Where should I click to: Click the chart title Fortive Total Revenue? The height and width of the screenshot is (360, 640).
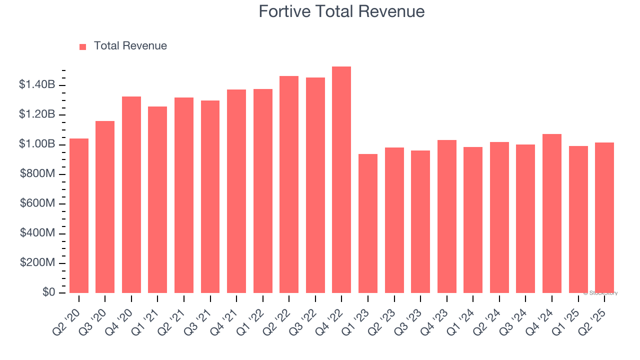(x=341, y=11)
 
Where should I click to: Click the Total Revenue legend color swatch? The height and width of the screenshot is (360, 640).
(x=83, y=46)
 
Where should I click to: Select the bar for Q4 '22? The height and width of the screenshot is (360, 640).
(x=341, y=179)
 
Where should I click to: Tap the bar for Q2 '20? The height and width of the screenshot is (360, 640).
(x=79, y=215)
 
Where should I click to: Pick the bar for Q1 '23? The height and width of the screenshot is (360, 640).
(x=368, y=223)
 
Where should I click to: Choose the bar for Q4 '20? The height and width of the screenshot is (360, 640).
(x=131, y=194)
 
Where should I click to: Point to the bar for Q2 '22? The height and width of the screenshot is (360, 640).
(x=289, y=184)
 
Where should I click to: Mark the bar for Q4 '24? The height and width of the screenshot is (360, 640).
(x=552, y=213)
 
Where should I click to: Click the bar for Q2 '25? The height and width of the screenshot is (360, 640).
(x=604, y=217)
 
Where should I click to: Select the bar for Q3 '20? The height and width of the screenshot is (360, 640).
(x=105, y=207)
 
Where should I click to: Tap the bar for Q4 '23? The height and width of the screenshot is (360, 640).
(x=447, y=216)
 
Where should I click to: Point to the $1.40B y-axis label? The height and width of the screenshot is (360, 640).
(x=37, y=85)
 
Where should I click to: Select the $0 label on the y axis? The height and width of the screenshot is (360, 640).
(x=49, y=292)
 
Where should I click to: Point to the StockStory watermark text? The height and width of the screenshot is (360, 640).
(x=600, y=293)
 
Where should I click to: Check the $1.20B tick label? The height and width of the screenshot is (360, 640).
(x=37, y=114)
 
